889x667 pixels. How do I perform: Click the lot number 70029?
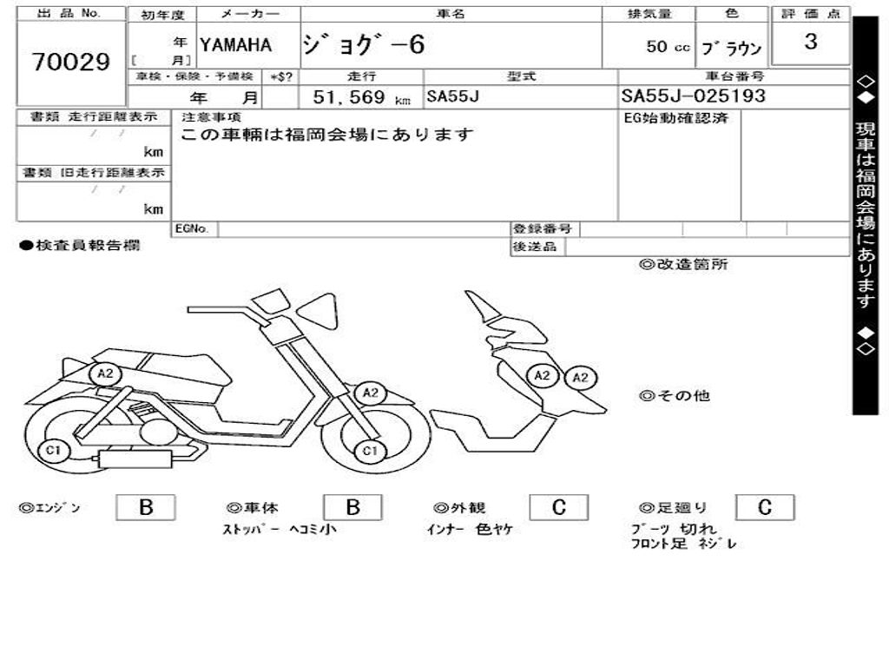[71, 63]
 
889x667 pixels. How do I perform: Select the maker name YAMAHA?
[235, 45]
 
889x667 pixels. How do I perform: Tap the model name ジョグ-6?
[364, 44]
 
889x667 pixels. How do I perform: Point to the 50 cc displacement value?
[668, 47]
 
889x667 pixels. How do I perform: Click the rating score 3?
[810, 42]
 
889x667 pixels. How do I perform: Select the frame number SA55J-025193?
[693, 96]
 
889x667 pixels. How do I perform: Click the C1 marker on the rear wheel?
[54, 450]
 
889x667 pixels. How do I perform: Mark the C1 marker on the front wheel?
[370, 450]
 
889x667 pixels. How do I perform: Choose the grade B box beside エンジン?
[145, 508]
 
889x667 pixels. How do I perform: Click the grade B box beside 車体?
[352, 508]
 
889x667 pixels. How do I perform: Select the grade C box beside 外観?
[558, 508]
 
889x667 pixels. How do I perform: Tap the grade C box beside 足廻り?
[764, 508]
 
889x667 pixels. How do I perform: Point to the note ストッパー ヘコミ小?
[279, 529]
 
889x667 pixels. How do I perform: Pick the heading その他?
[675, 396]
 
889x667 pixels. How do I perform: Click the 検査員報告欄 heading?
[79, 246]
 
